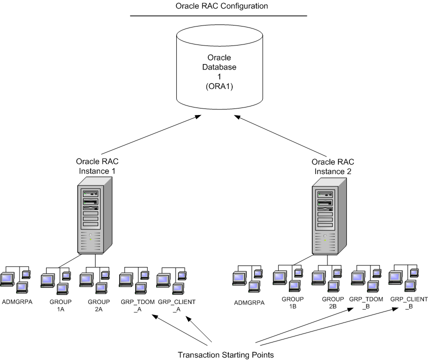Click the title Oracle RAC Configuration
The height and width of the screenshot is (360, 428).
click(x=218, y=6)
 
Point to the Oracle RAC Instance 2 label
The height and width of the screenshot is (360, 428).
click(x=332, y=166)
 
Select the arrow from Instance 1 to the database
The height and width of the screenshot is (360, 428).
click(x=150, y=134)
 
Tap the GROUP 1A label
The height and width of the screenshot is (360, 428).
click(x=61, y=305)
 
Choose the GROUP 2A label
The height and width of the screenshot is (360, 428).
click(x=99, y=305)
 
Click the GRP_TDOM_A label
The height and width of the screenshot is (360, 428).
click(x=136, y=305)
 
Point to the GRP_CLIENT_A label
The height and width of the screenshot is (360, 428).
click(x=176, y=305)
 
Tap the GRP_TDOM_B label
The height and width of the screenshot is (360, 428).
click(x=365, y=302)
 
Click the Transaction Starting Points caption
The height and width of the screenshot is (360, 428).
click(x=219, y=355)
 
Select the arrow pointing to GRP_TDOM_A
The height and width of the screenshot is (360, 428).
click(x=180, y=330)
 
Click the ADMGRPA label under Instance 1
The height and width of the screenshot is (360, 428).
click(x=17, y=302)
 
